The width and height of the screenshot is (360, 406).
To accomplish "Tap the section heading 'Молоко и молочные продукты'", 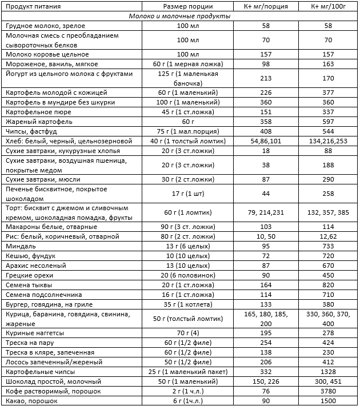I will [180, 17].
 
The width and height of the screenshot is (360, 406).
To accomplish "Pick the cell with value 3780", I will [327, 391].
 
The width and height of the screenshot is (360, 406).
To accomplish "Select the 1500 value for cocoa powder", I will [327, 401].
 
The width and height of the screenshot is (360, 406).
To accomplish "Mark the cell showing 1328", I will [327, 372].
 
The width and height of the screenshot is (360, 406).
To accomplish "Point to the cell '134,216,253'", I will [327, 140].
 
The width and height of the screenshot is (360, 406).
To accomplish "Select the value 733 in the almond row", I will [327, 246].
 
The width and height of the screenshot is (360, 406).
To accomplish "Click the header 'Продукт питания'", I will [32, 6].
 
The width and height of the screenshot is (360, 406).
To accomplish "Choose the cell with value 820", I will [327, 284].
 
